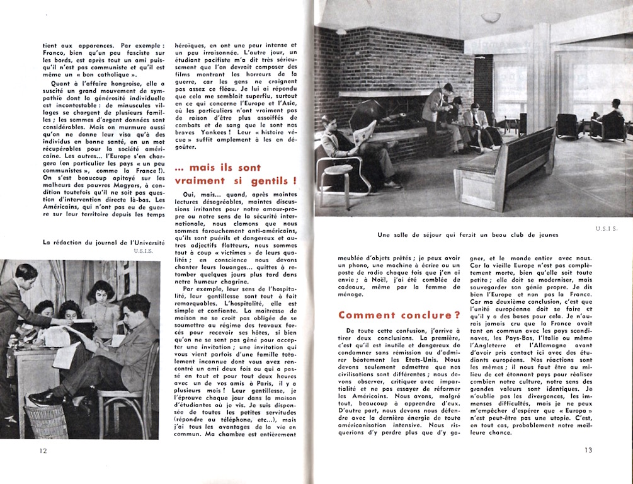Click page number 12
click(43, 450)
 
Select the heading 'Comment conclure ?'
click(399, 315)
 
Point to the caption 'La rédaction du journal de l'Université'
click(104, 242)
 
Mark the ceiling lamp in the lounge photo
click(491, 17)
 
